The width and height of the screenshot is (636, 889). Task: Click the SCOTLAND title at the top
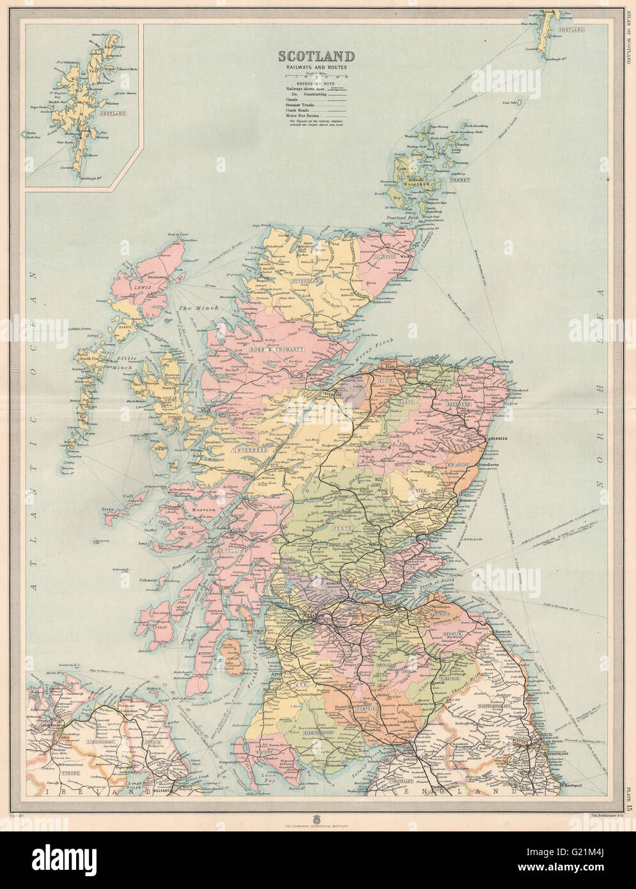click(x=315, y=56)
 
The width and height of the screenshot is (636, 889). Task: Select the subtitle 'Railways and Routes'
click(x=315, y=68)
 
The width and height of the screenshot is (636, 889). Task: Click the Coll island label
click(x=128, y=496)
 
